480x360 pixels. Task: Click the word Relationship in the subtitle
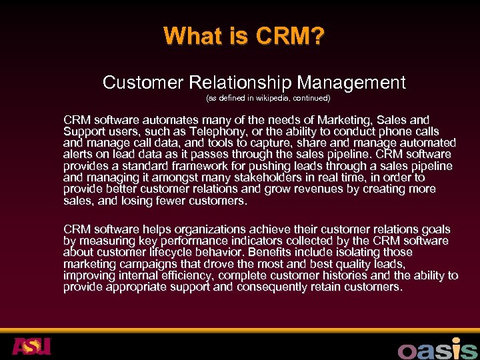241,83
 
